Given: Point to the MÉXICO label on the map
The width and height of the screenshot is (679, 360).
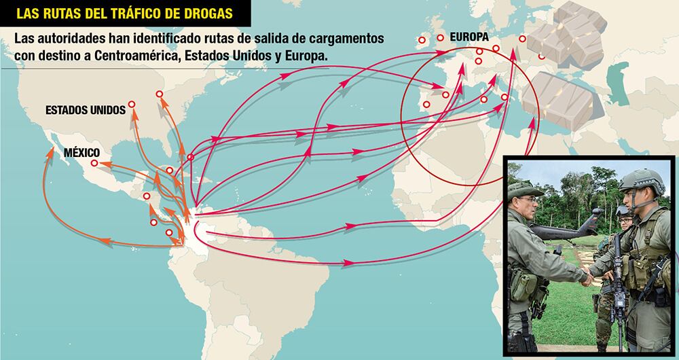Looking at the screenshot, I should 81,152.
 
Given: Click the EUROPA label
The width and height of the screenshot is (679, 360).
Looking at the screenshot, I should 471,38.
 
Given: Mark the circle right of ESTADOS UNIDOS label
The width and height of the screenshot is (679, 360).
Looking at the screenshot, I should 132,106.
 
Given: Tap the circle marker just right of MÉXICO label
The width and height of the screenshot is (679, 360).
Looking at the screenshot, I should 94,164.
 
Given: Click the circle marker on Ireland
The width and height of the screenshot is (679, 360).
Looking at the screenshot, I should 422,41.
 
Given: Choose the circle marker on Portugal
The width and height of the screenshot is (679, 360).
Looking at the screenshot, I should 426,105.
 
